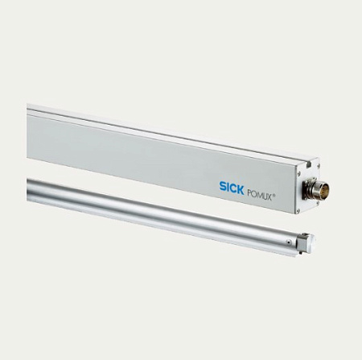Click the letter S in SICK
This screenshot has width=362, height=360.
tap(222, 187)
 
